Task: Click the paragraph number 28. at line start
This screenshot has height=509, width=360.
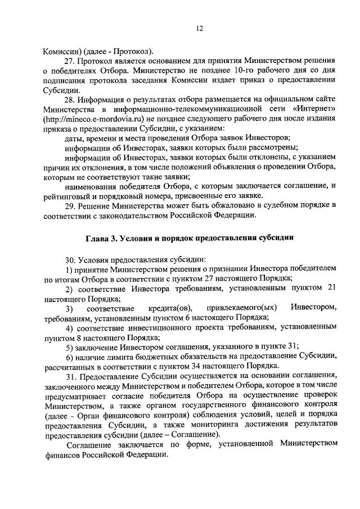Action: pyautogui.click(x=70, y=99)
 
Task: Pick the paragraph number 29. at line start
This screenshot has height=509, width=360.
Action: pyautogui.click(x=70, y=205)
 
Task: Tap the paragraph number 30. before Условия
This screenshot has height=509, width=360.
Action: pyautogui.click(x=70, y=259)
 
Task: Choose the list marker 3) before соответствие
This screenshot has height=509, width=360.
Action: pyautogui.click(x=69, y=308)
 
